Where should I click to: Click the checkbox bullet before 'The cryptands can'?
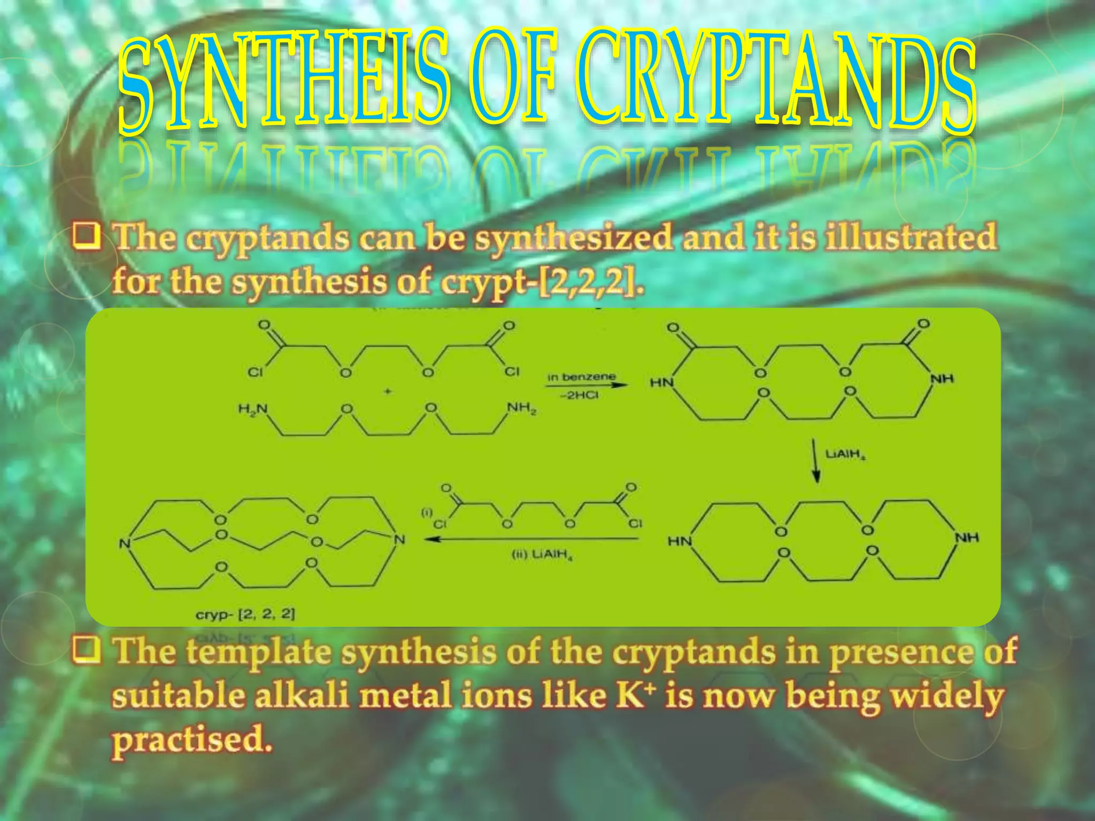click(87, 237)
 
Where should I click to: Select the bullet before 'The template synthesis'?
click(87, 650)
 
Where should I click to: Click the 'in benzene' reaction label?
click(581, 377)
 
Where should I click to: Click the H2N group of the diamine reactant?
click(253, 410)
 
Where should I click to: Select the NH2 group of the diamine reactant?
click(521, 410)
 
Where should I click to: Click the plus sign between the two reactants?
click(388, 392)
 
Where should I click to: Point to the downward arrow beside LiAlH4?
click(816, 461)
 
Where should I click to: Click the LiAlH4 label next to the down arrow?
click(845, 455)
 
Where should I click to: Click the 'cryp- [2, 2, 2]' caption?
click(245, 614)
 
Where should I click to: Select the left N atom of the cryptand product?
click(125, 544)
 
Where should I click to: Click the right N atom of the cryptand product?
click(399, 540)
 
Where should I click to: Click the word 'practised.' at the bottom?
click(191, 740)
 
